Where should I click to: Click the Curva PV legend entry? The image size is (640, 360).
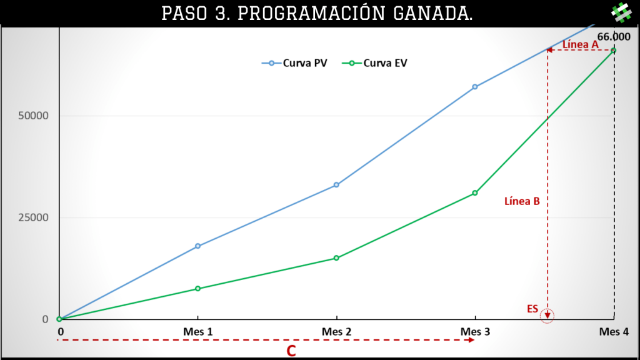[295, 63]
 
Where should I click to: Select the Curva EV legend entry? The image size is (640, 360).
[375, 63]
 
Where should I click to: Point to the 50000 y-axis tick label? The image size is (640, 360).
[33, 116]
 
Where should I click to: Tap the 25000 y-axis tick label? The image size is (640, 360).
[33, 217]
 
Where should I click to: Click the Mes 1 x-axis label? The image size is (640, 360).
[198, 332]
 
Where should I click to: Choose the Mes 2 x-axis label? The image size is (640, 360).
[336, 332]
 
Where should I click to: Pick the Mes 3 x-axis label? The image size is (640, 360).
[475, 332]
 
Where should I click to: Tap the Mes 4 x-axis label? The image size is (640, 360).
[614, 332]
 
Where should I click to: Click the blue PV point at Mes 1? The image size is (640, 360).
[198, 246]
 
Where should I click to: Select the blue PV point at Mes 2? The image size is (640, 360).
[336, 185]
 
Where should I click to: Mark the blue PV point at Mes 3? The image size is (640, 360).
[475, 87]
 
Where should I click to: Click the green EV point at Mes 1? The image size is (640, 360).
[198, 289]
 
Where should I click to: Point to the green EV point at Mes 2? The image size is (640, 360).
[336, 258]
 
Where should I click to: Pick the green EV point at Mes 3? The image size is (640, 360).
[475, 193]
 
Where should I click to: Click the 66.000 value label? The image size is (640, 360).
[614, 37]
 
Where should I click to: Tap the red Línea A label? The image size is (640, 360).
[581, 44]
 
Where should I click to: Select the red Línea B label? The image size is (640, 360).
[522, 201]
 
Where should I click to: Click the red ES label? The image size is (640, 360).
[532, 309]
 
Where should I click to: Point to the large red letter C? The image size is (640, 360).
[291, 351]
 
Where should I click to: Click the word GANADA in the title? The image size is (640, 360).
[433, 14]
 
